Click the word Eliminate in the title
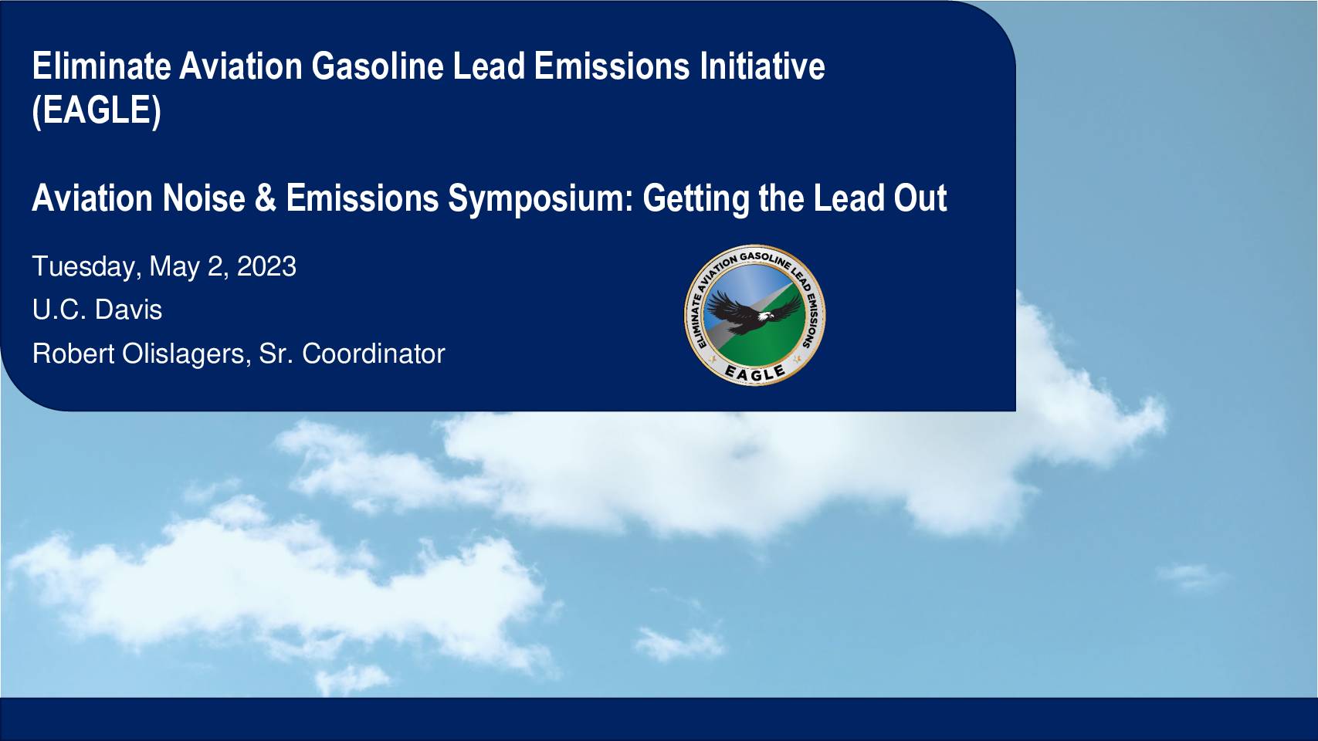101,66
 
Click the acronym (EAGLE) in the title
97,110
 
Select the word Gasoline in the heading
377,66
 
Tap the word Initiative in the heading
762,66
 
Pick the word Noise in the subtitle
204,198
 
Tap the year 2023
266,266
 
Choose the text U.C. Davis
97,310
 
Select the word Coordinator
374,354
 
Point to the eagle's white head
765,316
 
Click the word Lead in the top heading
489,66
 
